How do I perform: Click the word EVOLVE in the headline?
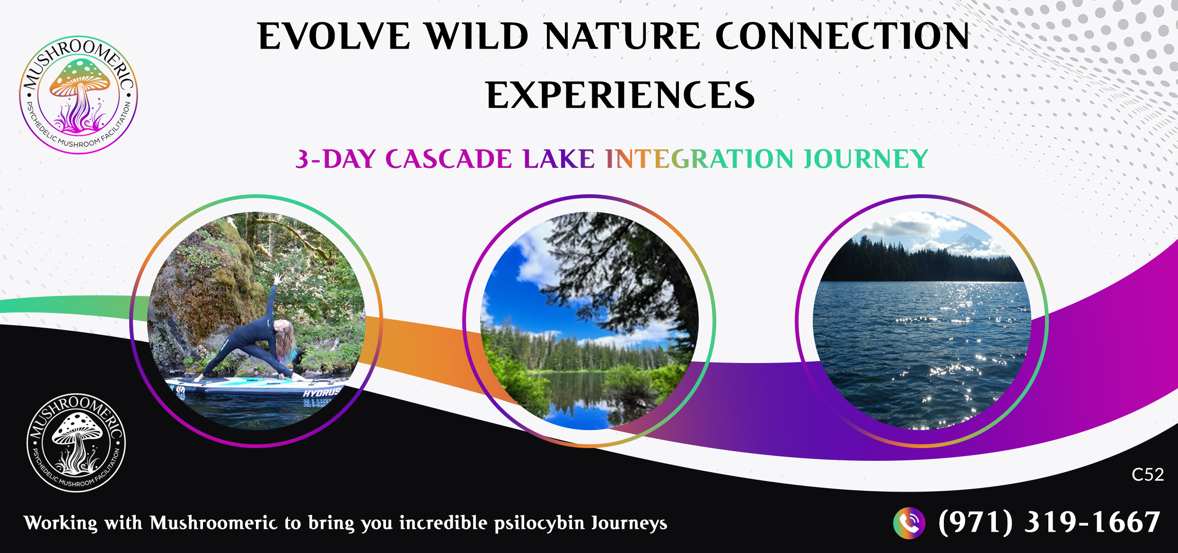pos(334,36)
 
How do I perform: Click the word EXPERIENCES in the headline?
pos(620,95)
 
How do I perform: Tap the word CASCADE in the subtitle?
pos(448,159)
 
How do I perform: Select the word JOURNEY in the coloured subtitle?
pos(866,159)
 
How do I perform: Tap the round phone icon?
pos(909,523)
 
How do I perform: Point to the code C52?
pos(1148,475)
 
